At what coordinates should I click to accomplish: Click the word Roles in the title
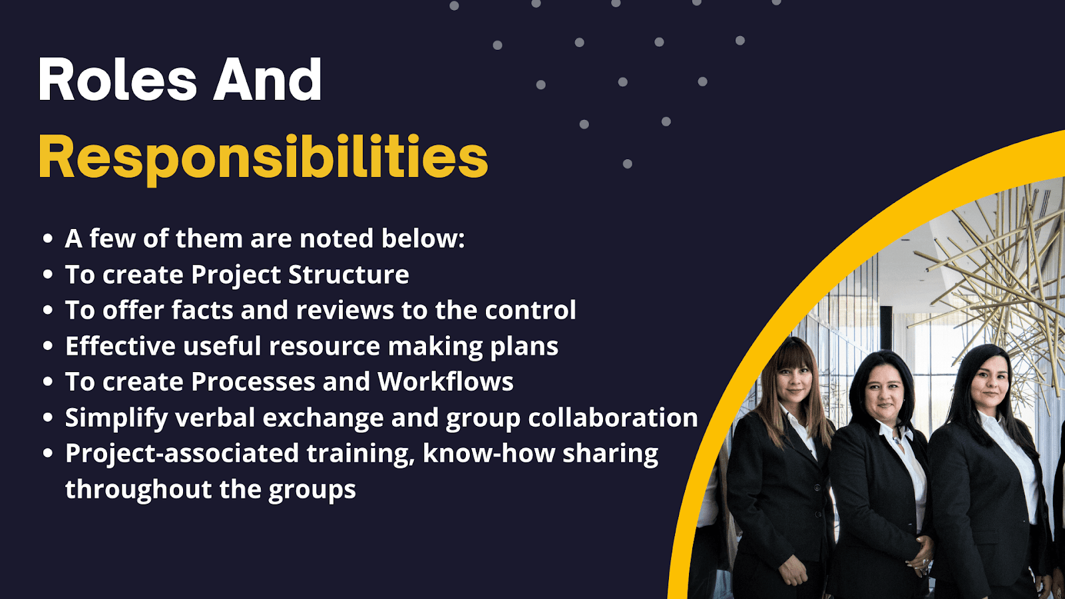(117, 79)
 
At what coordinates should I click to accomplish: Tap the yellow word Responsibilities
(264, 158)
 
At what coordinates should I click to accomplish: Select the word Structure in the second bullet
(349, 274)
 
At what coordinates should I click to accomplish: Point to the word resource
(325, 346)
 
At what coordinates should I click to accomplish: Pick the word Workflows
(445, 381)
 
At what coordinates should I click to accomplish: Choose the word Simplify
(116, 419)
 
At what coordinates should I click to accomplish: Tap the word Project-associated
(182, 454)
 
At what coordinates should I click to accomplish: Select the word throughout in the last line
(138, 490)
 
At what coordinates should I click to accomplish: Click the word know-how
(489, 453)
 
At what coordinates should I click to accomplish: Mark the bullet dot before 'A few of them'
(47, 239)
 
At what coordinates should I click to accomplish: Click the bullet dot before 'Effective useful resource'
(47, 346)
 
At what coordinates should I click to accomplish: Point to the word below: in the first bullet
(423, 239)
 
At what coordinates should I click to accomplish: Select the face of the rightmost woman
(990, 382)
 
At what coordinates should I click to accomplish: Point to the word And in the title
(267, 79)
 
